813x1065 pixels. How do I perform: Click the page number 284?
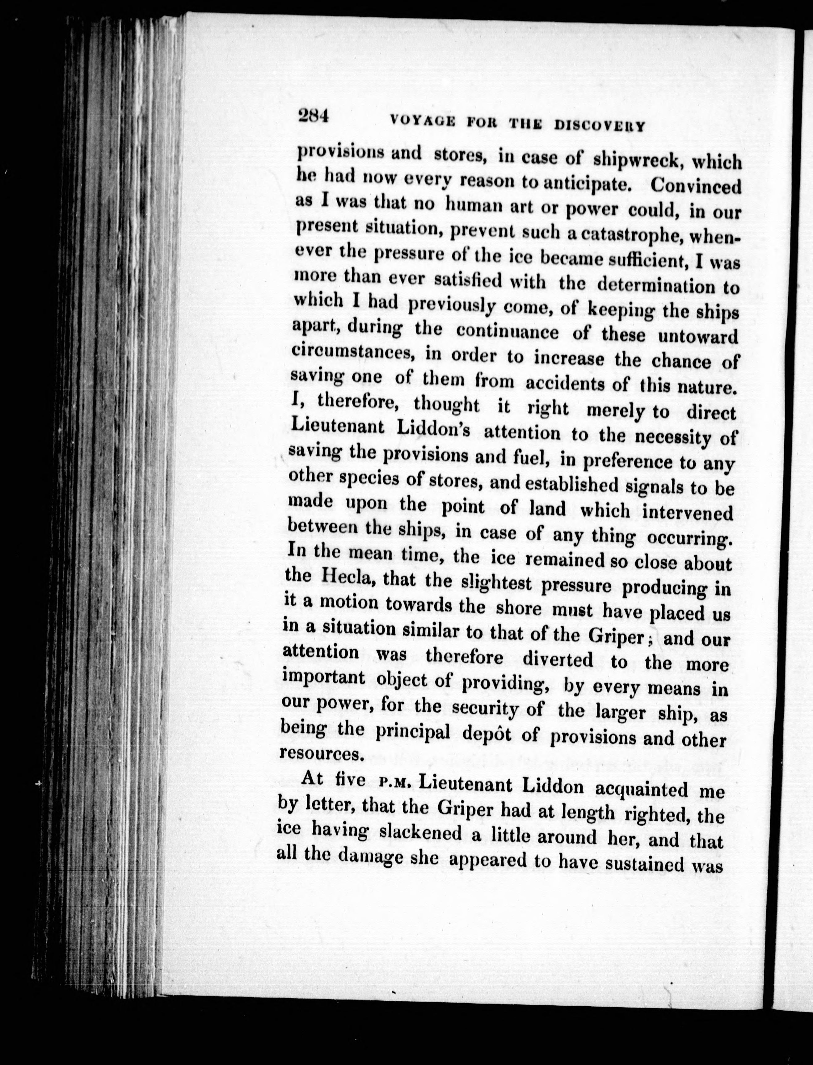click(x=314, y=117)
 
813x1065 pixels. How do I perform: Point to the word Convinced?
click(x=696, y=186)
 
